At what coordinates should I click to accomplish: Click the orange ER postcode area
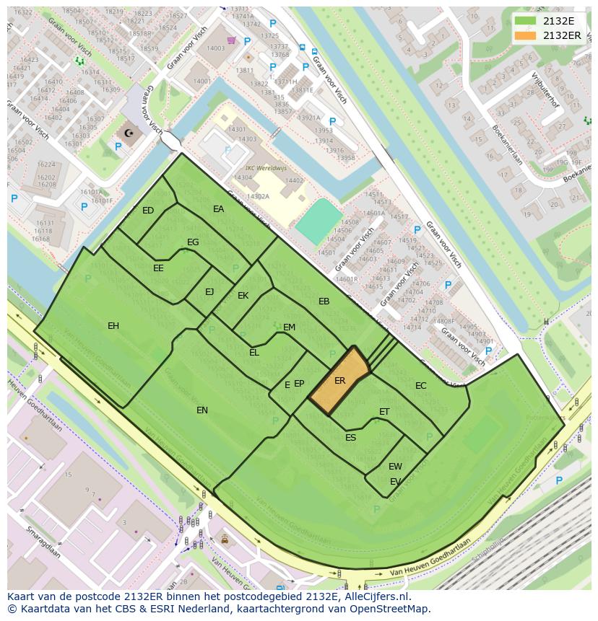coord(339,381)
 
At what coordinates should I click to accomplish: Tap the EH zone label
coord(113,326)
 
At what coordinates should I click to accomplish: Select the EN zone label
coord(202,410)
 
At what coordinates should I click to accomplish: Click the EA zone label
coord(218,209)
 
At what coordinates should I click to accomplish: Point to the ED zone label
coord(148,211)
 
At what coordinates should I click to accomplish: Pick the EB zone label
coord(324,301)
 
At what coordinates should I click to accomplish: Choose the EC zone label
coord(420,386)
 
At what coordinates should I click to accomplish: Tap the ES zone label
coord(350,438)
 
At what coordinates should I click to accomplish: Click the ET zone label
coord(384,412)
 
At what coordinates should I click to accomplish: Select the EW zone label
coord(395,467)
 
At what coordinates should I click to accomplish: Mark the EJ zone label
coord(209,292)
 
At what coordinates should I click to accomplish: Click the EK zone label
coord(243,296)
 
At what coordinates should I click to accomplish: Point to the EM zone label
coord(289,327)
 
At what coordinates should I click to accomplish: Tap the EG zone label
coord(193,242)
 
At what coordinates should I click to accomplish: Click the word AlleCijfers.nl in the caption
coord(376,596)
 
